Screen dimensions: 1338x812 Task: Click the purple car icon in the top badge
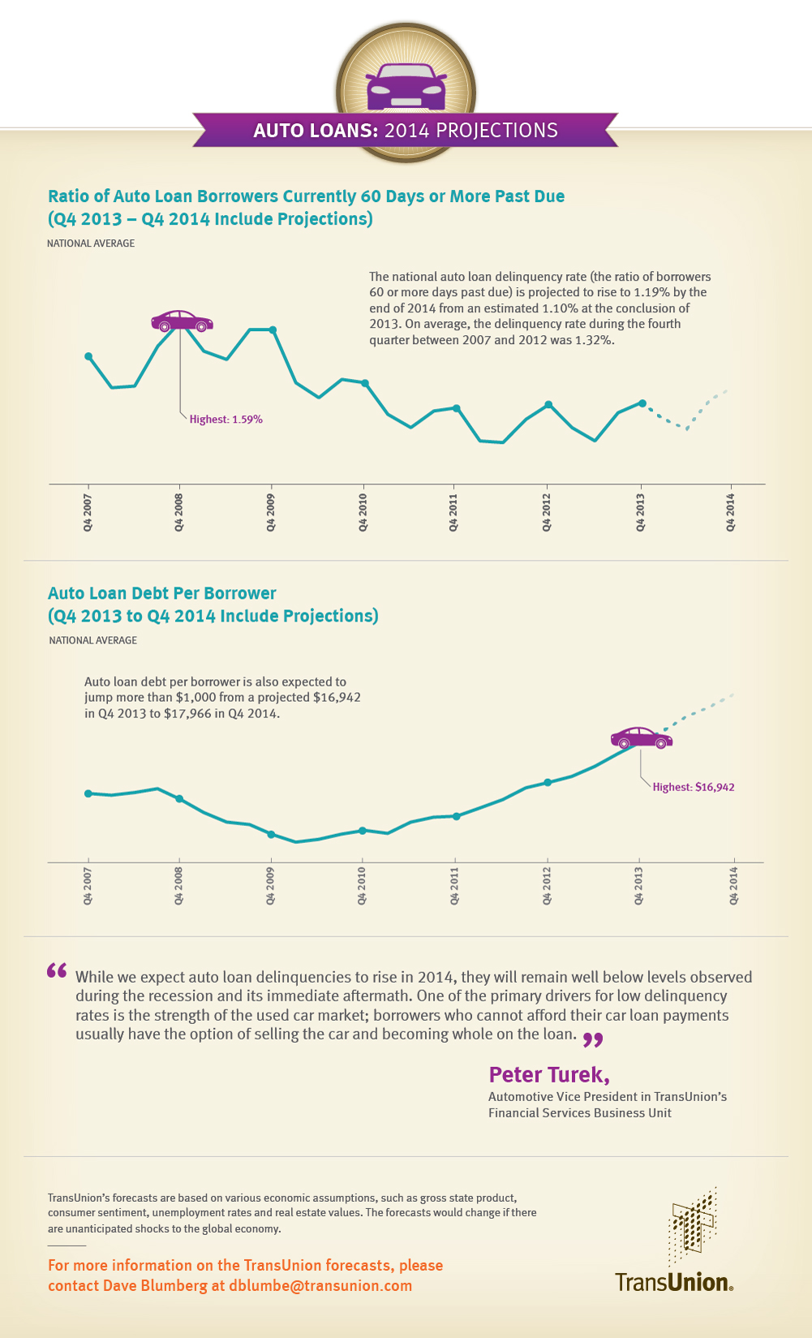point(406,88)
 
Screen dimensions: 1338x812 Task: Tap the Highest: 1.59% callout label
point(226,419)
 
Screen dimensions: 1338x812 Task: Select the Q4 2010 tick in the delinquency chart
point(363,512)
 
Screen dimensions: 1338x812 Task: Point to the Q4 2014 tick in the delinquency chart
point(731,512)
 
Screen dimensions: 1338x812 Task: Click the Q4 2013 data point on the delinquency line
point(642,403)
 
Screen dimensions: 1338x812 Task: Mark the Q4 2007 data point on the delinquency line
point(88,356)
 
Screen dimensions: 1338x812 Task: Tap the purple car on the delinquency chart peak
point(182,321)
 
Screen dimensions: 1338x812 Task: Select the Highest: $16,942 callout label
point(694,787)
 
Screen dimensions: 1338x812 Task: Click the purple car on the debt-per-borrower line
point(641,738)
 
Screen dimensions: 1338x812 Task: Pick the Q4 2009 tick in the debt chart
point(271,886)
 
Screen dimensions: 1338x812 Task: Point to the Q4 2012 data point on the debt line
point(548,782)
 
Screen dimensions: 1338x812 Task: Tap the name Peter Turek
point(548,1075)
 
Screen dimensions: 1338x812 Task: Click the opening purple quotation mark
point(57,970)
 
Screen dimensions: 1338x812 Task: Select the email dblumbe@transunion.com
point(320,1285)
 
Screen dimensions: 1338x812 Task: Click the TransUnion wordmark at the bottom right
point(673,1282)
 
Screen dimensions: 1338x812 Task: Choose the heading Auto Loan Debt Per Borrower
point(162,593)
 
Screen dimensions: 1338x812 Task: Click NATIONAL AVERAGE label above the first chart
point(91,243)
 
